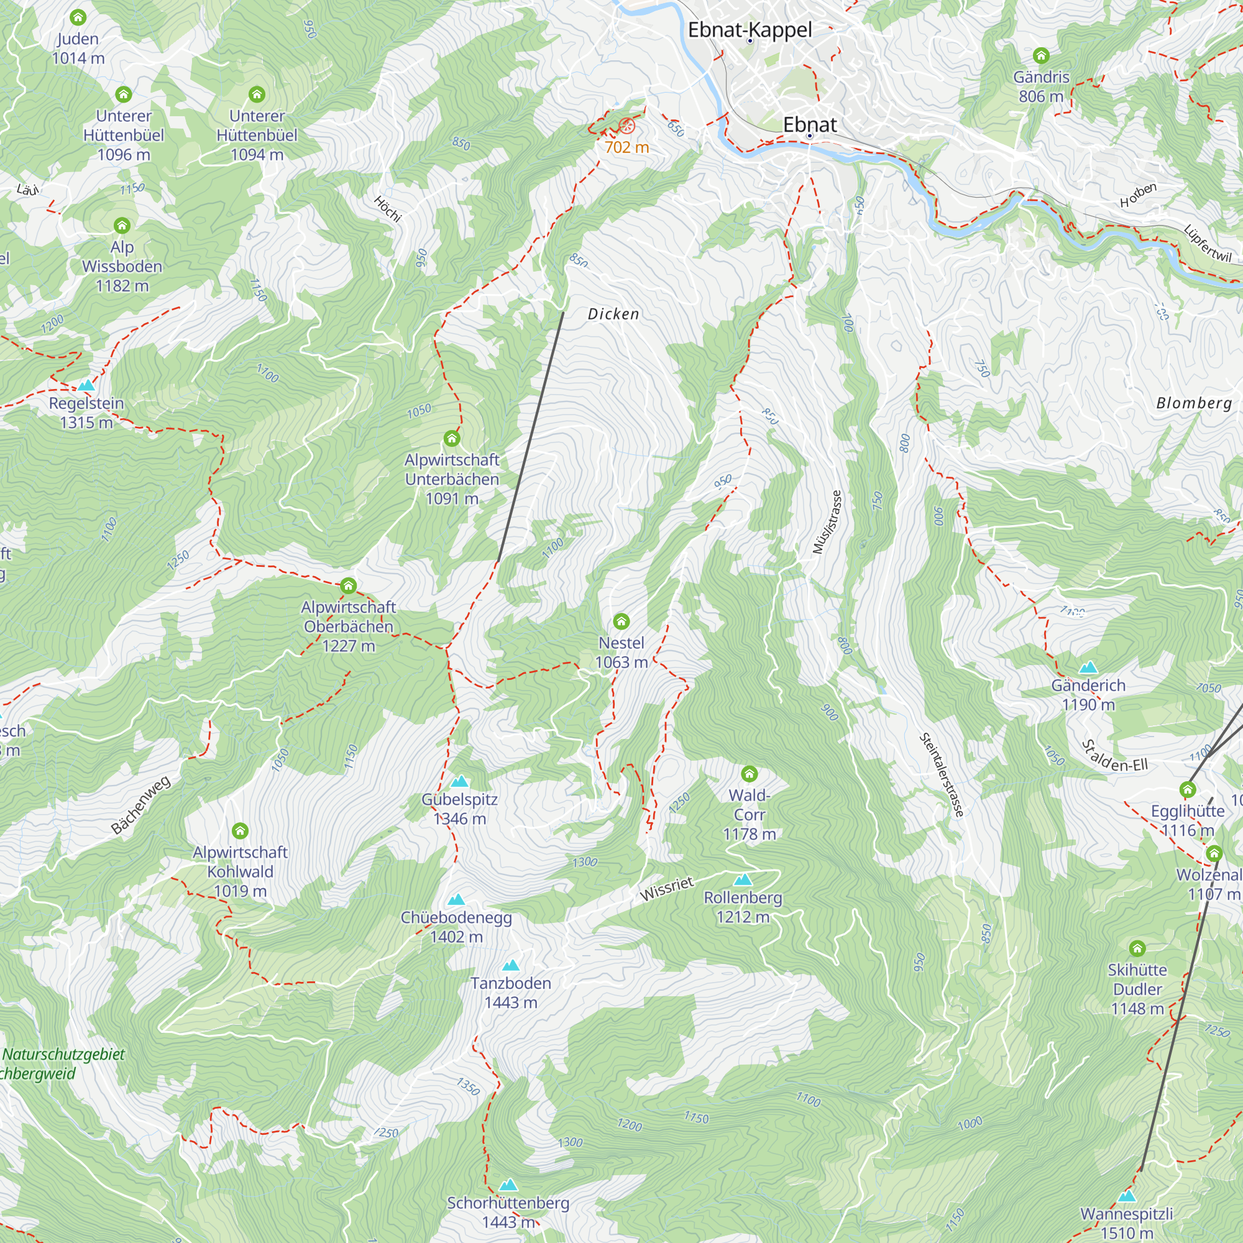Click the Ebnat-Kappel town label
[750, 30]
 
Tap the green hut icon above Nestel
[621, 621]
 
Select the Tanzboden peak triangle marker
[511, 965]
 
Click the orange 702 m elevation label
[626, 147]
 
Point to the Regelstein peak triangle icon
[86, 385]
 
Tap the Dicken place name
[613, 314]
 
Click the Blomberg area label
[1194, 403]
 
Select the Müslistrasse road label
[827, 522]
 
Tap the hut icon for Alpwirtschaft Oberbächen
[348, 585]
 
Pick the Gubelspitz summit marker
[459, 782]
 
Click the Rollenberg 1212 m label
[743, 907]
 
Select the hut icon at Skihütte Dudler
[1137, 948]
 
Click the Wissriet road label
[666, 889]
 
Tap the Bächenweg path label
[141, 805]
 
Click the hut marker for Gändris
[1041, 55]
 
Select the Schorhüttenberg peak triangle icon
[508, 1185]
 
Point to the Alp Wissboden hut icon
[122, 225]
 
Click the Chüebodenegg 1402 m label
[456, 927]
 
